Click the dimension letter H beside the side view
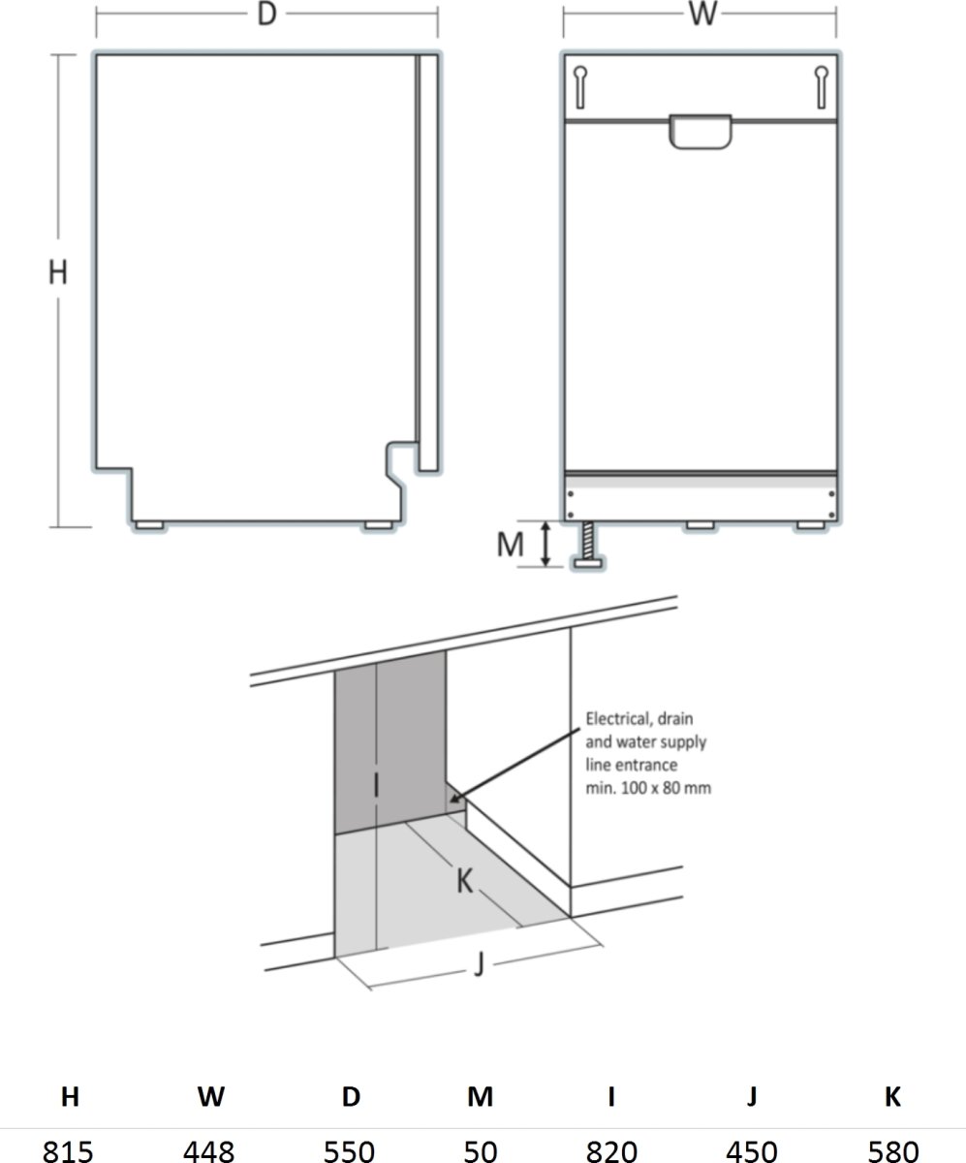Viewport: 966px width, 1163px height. tap(58, 274)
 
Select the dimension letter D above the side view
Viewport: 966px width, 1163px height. tap(266, 15)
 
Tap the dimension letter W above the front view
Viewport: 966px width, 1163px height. tap(703, 15)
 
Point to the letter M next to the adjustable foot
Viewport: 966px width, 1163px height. tap(510, 545)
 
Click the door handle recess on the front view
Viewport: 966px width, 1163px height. tap(700, 133)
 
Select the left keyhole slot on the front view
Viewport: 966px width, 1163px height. tap(579, 87)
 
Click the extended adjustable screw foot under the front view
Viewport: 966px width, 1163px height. tap(588, 547)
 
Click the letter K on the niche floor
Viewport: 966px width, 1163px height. tap(465, 881)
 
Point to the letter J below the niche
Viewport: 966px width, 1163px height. tap(479, 966)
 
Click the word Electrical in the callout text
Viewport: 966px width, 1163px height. tap(618, 719)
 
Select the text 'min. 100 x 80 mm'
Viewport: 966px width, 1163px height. tap(647, 788)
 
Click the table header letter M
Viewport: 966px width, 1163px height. tap(480, 1097)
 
